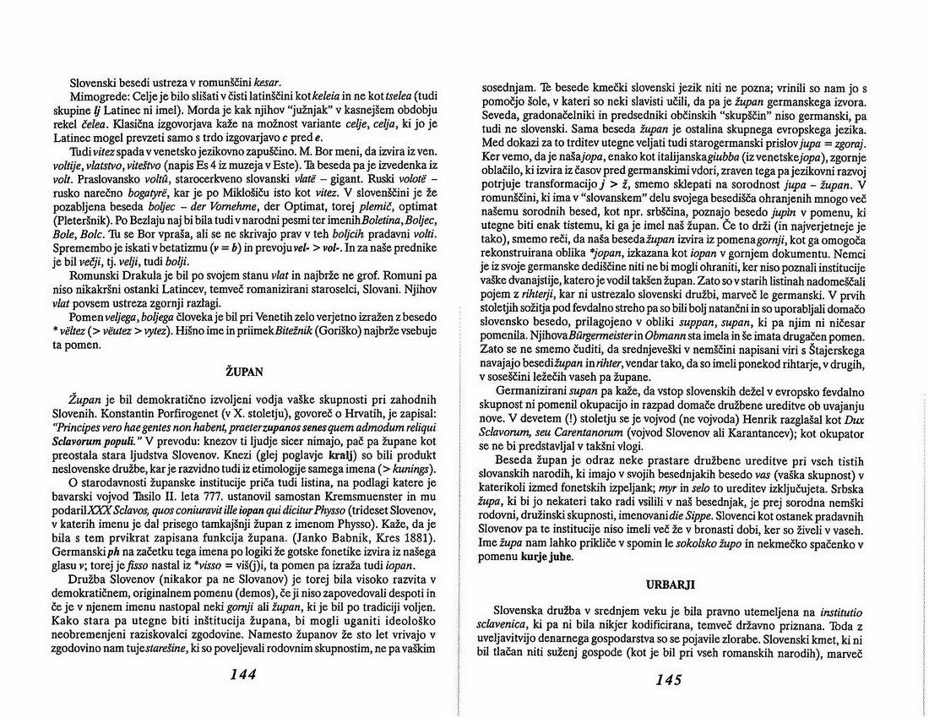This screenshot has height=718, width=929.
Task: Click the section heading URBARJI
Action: pos(666,584)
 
